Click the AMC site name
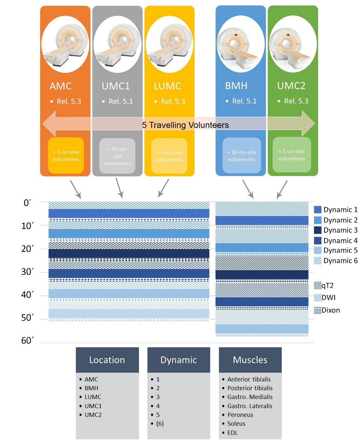(60, 86)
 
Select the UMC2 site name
(291, 86)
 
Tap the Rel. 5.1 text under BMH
(244, 101)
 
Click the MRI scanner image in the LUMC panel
(169, 44)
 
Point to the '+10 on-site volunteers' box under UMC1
(117, 156)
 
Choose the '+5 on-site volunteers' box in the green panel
(291, 155)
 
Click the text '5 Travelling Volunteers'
(185, 125)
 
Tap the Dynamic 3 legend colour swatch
(317, 230)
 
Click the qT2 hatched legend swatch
(317, 285)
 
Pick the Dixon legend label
(331, 310)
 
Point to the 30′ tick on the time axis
(27, 272)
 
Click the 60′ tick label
(27, 341)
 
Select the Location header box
(107, 360)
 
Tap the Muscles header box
(250, 360)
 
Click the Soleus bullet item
(236, 424)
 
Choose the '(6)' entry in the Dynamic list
(160, 424)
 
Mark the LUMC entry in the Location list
(93, 397)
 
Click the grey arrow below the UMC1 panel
(119, 188)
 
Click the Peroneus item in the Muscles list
(240, 415)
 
